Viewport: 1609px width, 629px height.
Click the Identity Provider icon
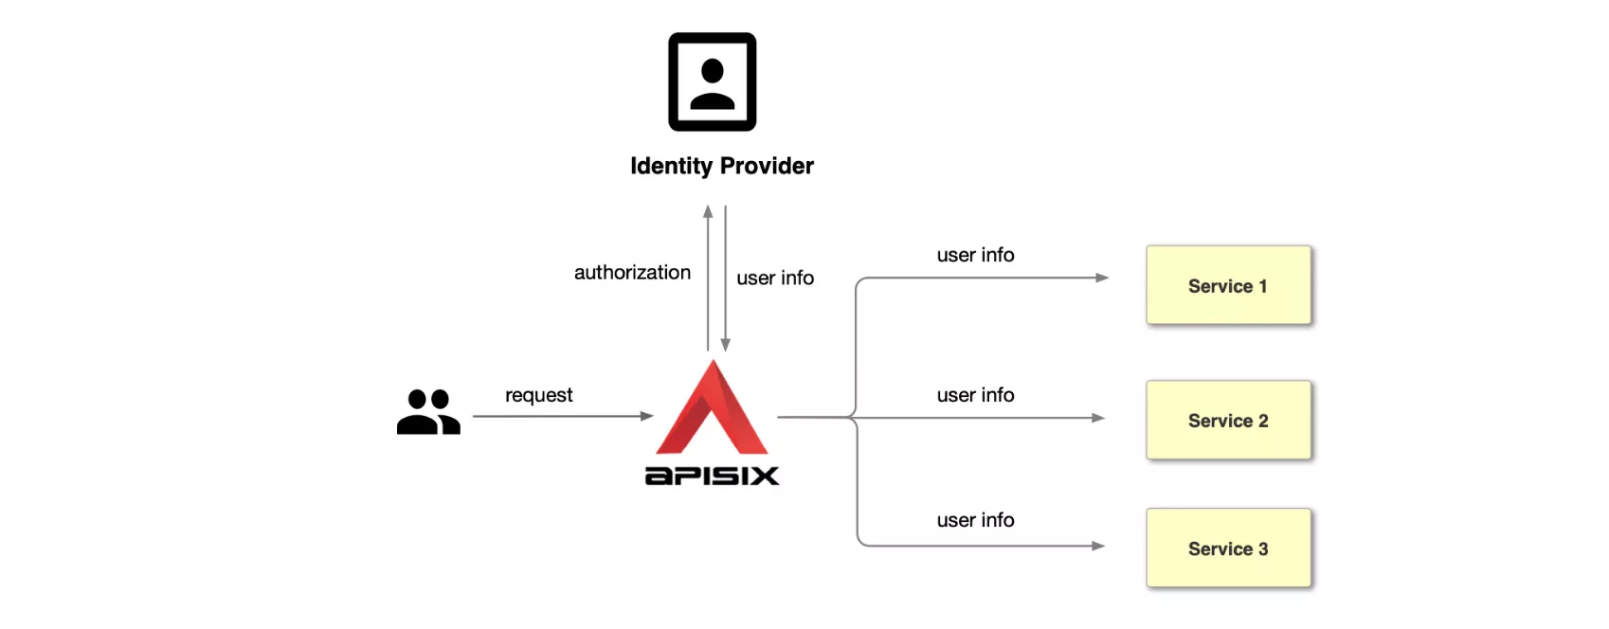click(712, 81)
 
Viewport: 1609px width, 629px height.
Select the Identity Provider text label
click(721, 166)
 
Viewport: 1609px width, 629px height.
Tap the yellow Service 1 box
click(1228, 285)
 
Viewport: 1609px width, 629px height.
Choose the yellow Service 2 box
click(1228, 421)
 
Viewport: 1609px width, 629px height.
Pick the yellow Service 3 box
click(1228, 548)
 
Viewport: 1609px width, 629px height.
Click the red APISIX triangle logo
click(713, 409)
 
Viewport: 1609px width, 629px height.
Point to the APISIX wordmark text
click(712, 476)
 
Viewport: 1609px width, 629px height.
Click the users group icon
click(428, 412)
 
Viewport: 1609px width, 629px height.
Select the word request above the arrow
click(538, 395)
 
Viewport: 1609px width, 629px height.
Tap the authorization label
click(632, 273)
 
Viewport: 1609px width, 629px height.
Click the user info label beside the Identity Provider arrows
click(775, 278)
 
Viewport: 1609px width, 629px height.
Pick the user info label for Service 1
click(975, 255)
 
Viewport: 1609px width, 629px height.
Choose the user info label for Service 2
click(975, 395)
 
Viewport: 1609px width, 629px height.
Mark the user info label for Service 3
click(975, 520)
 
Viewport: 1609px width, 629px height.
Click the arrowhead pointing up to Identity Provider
click(708, 211)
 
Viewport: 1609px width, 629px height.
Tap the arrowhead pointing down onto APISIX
click(725, 345)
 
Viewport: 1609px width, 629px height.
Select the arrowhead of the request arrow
click(647, 416)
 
